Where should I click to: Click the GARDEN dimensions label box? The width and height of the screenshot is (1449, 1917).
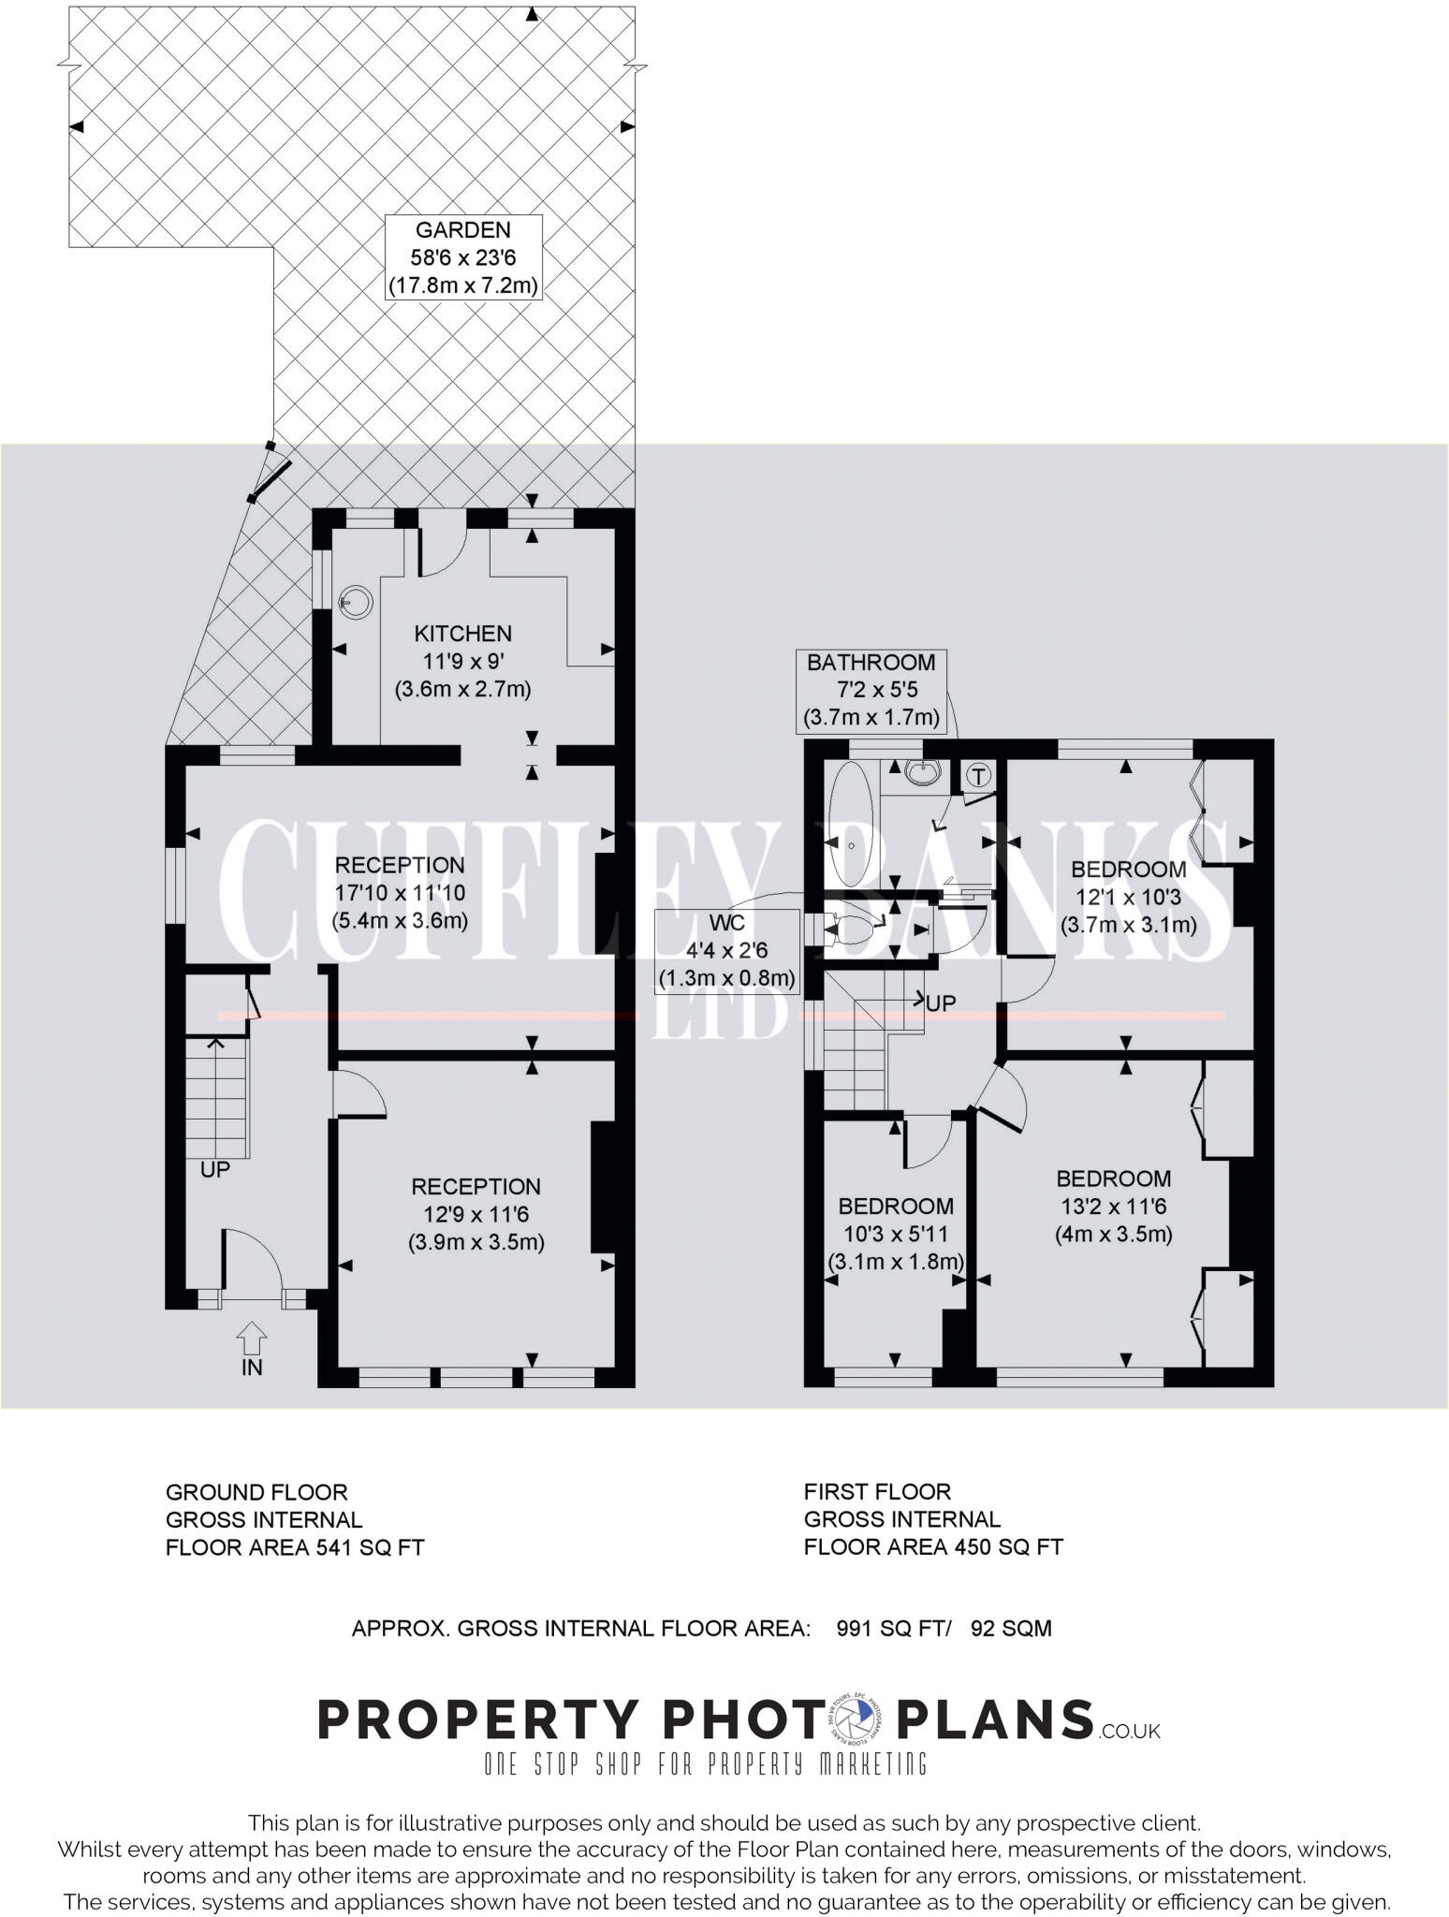point(463,257)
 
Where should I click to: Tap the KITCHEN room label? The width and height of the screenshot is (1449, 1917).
point(462,635)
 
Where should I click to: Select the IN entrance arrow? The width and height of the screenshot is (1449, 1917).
point(252,1338)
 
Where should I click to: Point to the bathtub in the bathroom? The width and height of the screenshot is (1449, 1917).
point(851,825)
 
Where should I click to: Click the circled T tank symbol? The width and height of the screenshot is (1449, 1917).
point(978,775)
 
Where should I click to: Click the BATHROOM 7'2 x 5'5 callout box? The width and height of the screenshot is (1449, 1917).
point(871,691)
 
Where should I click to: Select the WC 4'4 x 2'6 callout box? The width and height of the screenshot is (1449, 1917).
point(726,951)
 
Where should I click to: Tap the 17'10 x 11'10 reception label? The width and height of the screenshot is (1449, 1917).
point(400,893)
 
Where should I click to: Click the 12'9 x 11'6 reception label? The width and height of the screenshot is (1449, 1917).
point(476,1214)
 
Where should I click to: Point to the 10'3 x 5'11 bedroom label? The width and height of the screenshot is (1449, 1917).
point(895,1233)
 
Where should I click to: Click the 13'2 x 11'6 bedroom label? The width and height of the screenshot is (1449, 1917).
point(1113,1206)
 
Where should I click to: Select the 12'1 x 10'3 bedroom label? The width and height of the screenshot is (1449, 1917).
point(1128,897)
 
